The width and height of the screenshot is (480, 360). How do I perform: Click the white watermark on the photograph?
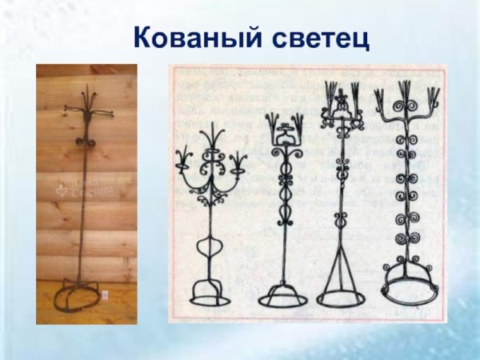pyautogui.click(x=86, y=188)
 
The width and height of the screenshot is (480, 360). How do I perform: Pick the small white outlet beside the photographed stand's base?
pyautogui.click(x=104, y=295)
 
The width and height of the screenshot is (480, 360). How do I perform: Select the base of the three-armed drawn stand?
pyautogui.click(x=210, y=288)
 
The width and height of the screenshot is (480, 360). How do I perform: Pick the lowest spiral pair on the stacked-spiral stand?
pyautogui.click(x=410, y=238)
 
